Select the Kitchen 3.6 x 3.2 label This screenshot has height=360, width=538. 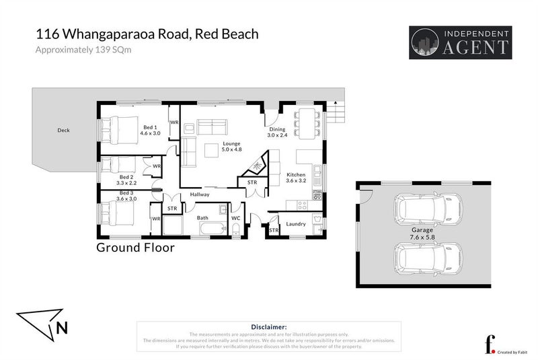[297, 177]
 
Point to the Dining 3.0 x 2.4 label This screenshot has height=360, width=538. [277, 132]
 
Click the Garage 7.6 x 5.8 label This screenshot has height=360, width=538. [423, 233]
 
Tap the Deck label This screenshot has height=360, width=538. [63, 130]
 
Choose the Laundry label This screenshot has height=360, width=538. [296, 224]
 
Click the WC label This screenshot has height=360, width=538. [236, 218]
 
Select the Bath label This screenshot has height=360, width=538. [202, 218]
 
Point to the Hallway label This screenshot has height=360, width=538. [200, 194]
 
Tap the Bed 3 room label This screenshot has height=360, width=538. [126, 196]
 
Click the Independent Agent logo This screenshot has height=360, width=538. [460, 42]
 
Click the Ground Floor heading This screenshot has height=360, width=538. [135, 248]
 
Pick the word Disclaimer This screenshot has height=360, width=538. [268, 327]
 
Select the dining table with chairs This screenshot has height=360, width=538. [307, 121]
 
